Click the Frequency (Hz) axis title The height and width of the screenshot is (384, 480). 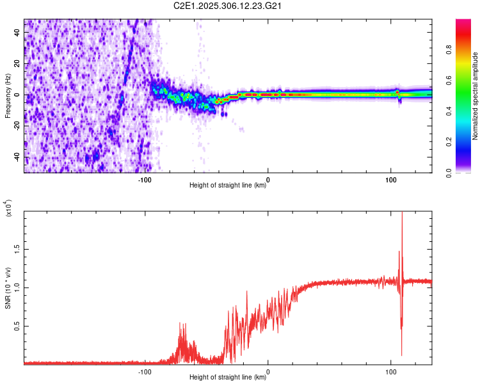click(x=8, y=95)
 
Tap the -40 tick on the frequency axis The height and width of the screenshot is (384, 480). click(x=17, y=157)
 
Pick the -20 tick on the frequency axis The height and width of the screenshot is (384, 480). click(x=17, y=125)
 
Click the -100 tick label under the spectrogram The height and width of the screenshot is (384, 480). click(x=145, y=179)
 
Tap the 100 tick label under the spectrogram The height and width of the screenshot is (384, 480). click(x=390, y=179)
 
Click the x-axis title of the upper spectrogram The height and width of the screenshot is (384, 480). click(x=228, y=186)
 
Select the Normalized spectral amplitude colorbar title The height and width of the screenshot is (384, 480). click(x=476, y=97)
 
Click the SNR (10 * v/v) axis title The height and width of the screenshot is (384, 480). click(x=8, y=287)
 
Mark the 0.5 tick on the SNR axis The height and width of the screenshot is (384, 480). click(x=17, y=326)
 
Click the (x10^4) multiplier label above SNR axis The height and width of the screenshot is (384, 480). click(x=8, y=209)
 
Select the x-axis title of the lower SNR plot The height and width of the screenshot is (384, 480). click(x=228, y=378)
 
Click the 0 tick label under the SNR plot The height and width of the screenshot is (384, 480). click(x=268, y=371)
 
